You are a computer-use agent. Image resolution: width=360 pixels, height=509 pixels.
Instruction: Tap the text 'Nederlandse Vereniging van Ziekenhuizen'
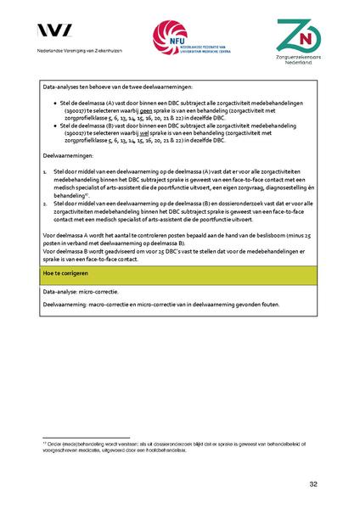coord(79,52)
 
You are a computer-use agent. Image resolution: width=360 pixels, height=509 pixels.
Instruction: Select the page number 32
coord(313,484)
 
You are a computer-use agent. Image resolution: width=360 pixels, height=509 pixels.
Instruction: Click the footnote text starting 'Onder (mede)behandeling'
coord(170,445)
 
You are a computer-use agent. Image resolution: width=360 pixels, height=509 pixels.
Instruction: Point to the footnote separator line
coord(85,437)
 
